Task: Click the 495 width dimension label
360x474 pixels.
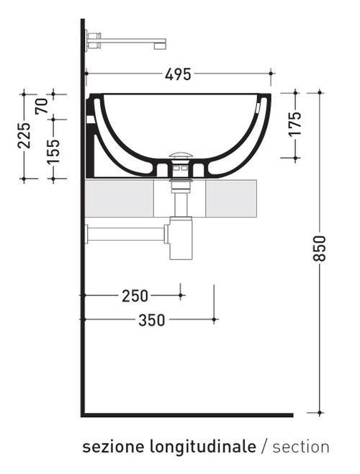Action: coord(178,73)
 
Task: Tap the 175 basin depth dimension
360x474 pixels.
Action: coord(294,125)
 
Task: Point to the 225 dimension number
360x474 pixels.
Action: coord(24,135)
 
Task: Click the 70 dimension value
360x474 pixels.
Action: coord(42,106)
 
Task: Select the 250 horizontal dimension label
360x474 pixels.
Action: coord(135,295)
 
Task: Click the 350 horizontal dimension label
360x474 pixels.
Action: coord(151,320)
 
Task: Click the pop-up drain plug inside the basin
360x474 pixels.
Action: coord(180,155)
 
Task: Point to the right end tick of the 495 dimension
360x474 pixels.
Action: coord(271,73)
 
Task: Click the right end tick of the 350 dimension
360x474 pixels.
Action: coord(215,319)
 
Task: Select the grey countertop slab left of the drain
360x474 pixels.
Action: coord(120,199)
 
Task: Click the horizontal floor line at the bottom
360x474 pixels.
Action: coord(187,415)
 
